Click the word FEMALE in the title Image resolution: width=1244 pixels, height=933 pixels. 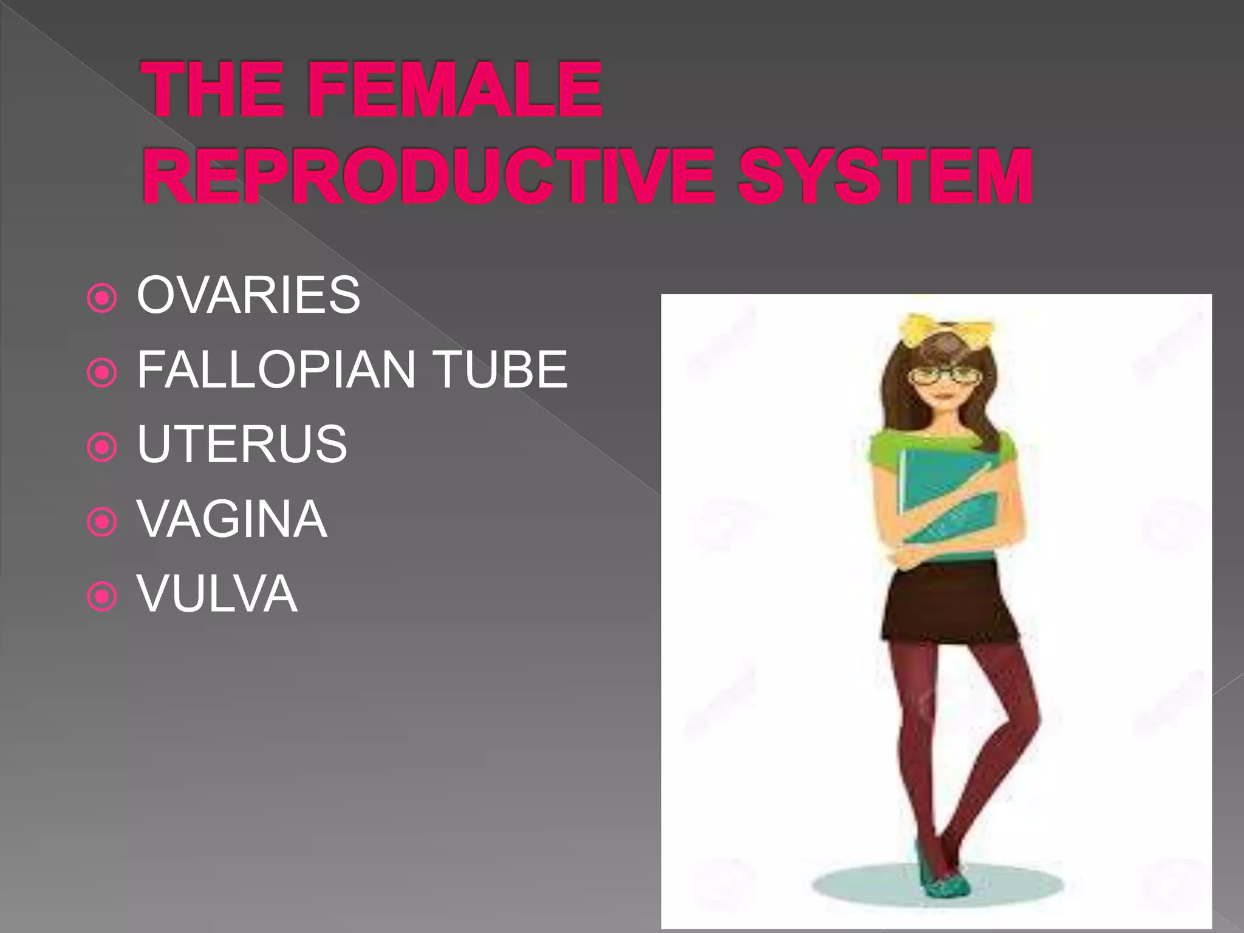(454, 90)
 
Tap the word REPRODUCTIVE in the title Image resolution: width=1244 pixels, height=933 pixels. (429, 177)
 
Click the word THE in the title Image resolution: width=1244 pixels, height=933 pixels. (214, 90)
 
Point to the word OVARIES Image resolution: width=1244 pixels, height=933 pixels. (248, 295)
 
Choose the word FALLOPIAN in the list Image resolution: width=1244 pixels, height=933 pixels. (276, 369)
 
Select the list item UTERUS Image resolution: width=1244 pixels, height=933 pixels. (242, 444)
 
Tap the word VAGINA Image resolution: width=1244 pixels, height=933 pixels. (232, 519)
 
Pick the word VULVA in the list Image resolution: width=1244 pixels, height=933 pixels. (217, 593)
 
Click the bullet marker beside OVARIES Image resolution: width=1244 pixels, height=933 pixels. (102, 298)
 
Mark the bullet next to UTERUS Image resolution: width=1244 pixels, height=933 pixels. (102, 448)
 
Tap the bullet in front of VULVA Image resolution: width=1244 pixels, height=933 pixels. (102, 597)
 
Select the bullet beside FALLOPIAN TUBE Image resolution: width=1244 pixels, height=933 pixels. (102, 373)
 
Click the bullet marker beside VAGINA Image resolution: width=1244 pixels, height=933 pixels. (102, 522)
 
